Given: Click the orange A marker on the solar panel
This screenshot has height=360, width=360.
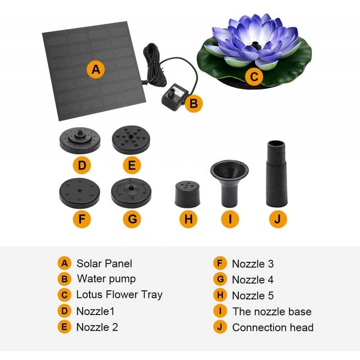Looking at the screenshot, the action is (96, 69).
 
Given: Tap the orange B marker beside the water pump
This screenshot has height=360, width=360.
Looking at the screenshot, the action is (194, 103).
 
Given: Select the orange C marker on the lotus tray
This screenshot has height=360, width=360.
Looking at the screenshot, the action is (254, 76).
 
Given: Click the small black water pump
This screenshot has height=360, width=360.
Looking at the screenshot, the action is (174, 97).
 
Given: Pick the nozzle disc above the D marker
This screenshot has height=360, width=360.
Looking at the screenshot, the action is (80, 141).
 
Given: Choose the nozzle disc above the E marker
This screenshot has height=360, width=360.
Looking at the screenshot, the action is (131, 139).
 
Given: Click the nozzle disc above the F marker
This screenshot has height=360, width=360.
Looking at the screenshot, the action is (80, 193).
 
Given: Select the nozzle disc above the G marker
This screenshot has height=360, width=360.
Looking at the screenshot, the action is (131, 193).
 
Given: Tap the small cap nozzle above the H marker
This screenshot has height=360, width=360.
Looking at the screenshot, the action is (187, 194).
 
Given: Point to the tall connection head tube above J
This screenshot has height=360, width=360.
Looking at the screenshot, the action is (277, 174).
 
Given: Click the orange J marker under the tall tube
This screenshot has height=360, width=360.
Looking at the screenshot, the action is (278, 219).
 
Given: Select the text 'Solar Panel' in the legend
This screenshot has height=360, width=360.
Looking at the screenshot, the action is (104, 264).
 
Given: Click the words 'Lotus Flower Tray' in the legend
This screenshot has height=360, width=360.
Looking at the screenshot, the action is (119, 295).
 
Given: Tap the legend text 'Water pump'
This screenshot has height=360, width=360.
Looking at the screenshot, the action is (106, 279).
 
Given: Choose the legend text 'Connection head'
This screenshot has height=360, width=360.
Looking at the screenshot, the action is (273, 328).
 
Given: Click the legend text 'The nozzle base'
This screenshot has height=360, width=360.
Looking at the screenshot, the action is (272, 311).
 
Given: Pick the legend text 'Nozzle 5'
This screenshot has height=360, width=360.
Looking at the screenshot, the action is (253, 296).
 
